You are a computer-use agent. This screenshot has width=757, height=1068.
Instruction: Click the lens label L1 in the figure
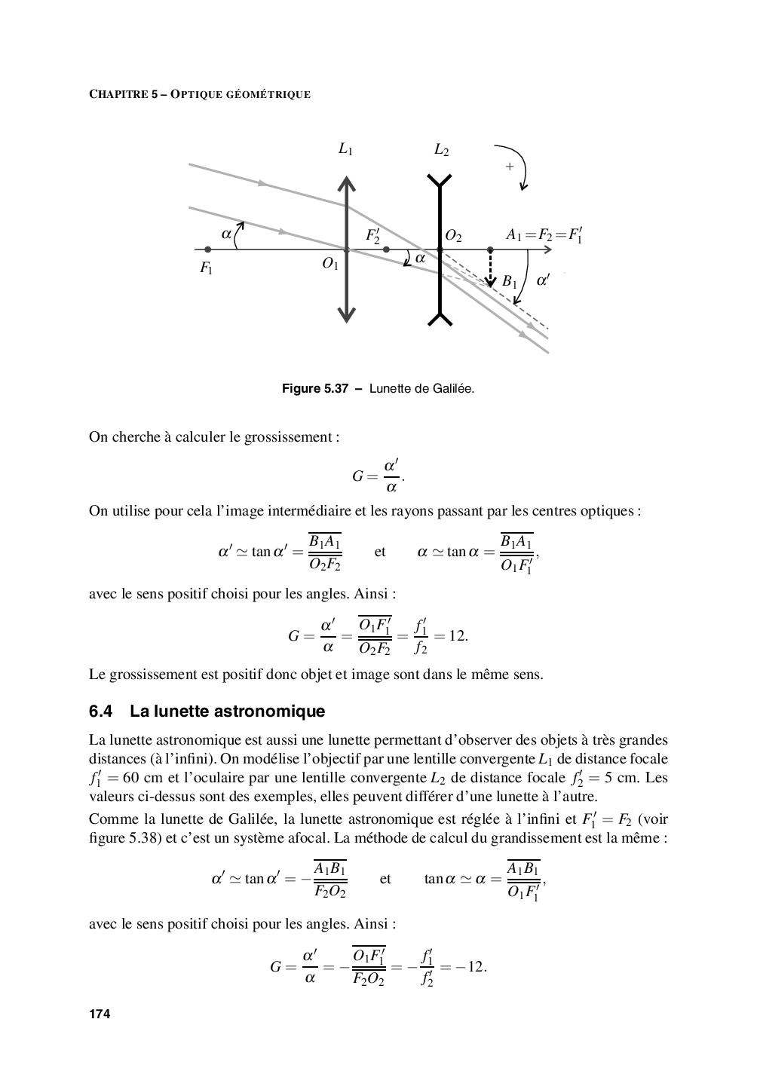point(345,150)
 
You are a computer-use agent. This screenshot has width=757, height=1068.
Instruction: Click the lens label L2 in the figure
point(441,150)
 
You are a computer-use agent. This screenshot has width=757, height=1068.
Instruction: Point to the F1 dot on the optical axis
point(208,249)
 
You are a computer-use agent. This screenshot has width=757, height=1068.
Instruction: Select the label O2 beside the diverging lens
point(453,236)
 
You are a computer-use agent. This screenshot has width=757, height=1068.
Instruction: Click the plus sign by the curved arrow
point(510,166)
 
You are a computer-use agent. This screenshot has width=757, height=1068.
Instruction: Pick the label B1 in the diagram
point(510,282)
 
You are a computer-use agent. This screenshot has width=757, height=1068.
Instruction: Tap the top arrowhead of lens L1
point(346,183)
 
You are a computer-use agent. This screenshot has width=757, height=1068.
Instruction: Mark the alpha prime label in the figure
point(543,280)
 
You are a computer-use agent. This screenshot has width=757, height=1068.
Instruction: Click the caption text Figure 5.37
point(314,389)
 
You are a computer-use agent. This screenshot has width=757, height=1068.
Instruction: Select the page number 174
point(100,1014)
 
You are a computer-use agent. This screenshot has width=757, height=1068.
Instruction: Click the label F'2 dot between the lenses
point(386,249)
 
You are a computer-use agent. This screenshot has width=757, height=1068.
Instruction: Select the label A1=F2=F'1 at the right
point(544,236)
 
